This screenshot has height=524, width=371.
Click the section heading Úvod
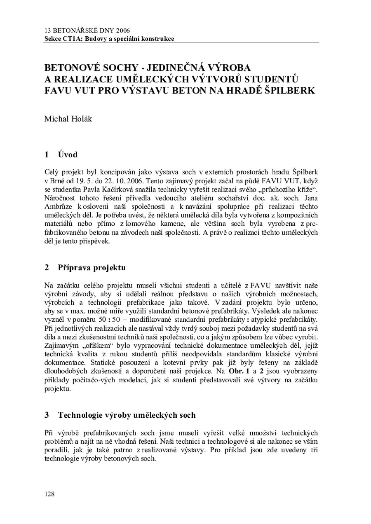(68, 154)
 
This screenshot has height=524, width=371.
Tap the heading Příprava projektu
(92, 267)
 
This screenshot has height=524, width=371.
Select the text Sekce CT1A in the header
(60, 39)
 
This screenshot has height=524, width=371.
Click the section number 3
(47, 415)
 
